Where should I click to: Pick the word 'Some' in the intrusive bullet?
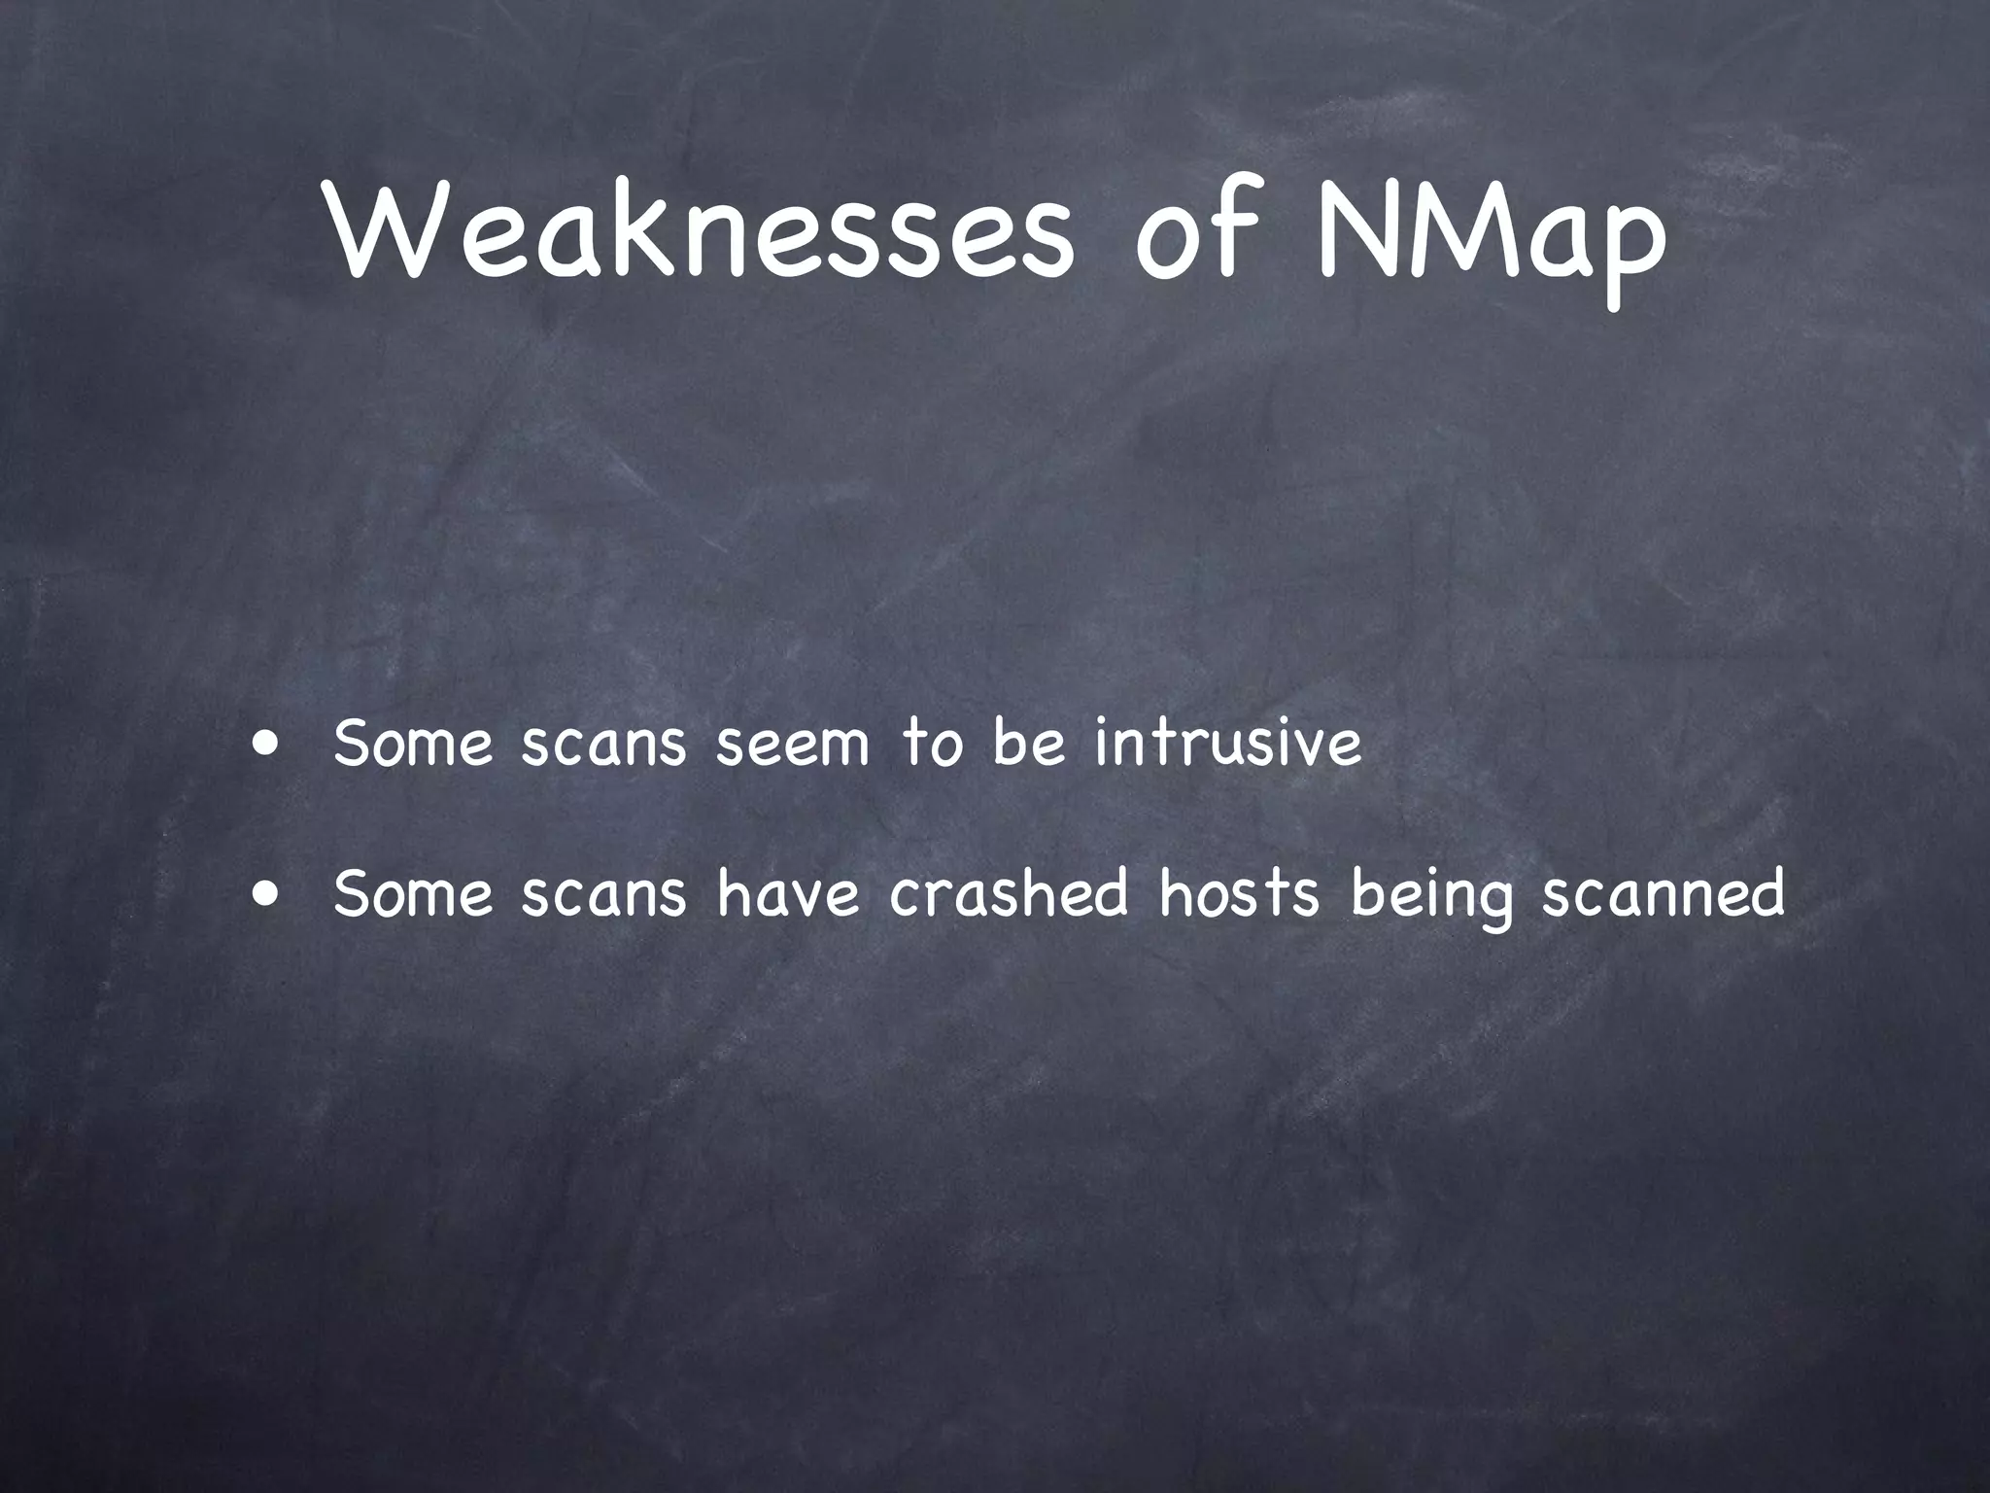[x=413, y=745]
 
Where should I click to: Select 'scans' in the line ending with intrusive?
[x=603, y=745]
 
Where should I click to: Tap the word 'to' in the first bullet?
[x=933, y=744]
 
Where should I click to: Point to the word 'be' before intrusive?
[x=1029, y=744]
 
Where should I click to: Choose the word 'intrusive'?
[x=1229, y=743]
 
